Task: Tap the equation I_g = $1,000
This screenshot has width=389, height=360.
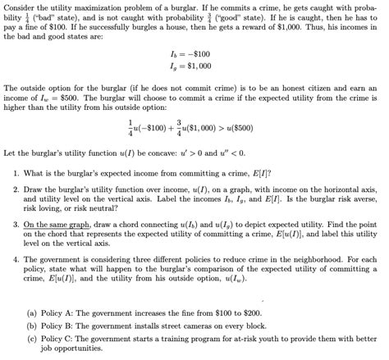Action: [194, 66]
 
